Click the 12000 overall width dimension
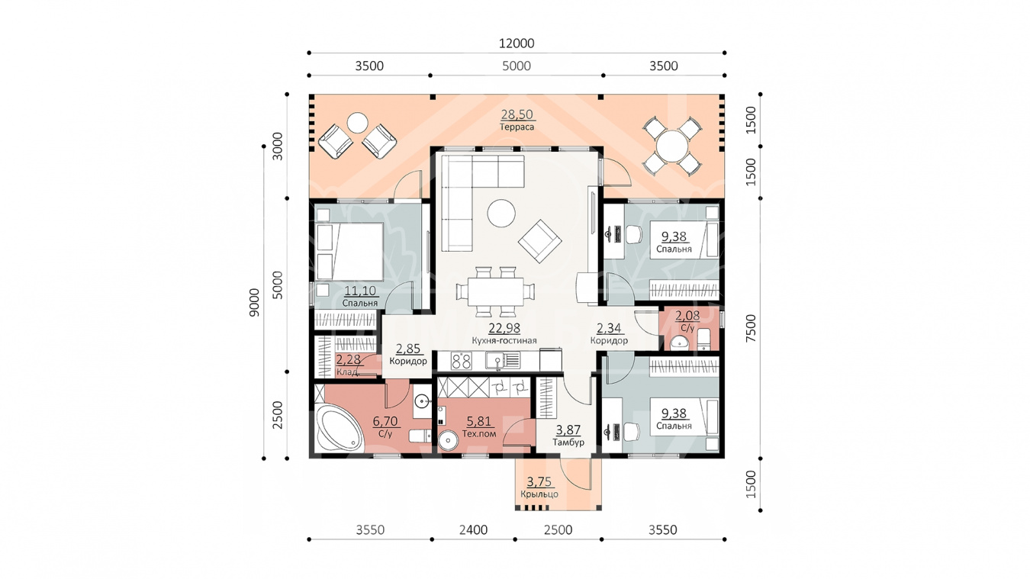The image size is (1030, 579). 517,43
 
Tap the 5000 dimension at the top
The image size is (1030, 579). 517,66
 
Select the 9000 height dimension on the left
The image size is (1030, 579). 254,303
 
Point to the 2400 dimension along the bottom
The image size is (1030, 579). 473,530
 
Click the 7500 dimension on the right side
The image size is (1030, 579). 751,328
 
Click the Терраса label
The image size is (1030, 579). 517,127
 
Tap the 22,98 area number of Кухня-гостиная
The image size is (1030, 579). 504,328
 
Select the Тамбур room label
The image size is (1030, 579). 568,442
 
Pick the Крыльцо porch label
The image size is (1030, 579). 539,494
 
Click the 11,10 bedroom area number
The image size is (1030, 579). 360,291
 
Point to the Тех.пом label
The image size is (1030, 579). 479,433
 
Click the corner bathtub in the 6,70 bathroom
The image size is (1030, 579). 339,428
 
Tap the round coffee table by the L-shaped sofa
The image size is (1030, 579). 501,214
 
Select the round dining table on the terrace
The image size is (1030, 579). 672,146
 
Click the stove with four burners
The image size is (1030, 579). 461,361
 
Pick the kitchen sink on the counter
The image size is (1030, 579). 503,361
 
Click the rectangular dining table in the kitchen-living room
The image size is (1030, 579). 496,291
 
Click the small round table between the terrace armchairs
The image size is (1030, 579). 357,123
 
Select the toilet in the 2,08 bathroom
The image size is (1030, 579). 704,339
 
